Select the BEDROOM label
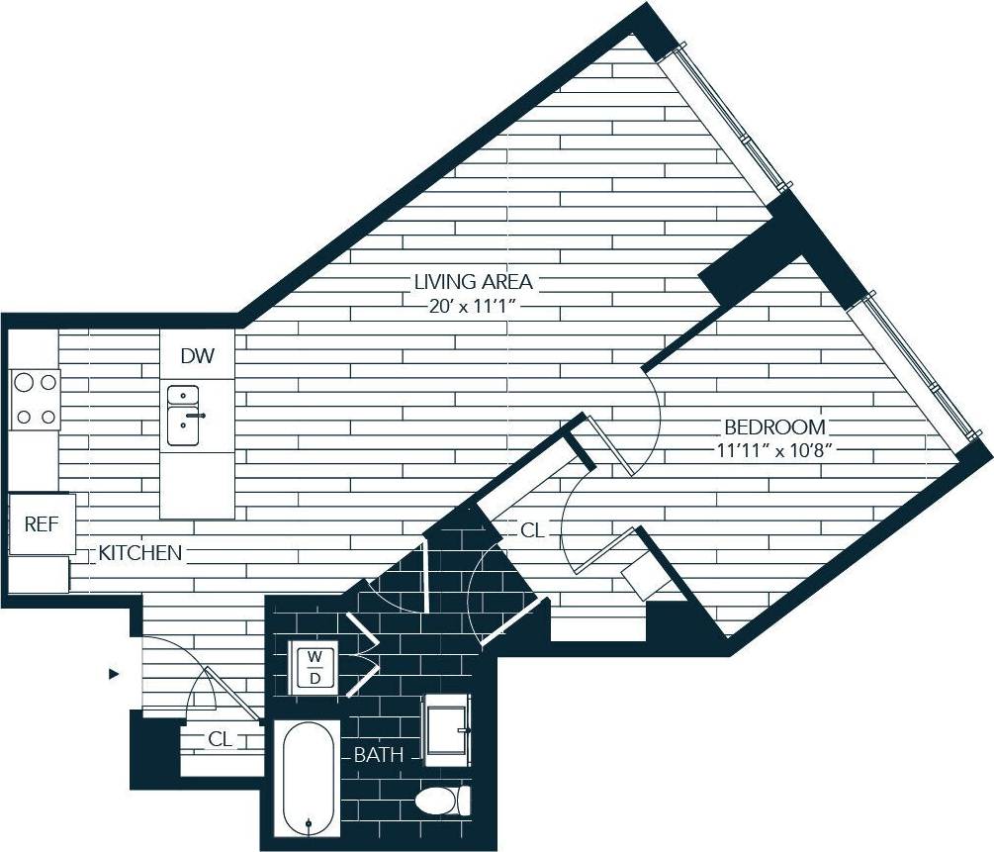tap(774, 427)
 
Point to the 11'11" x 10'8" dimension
tap(774, 451)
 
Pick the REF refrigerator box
tap(42, 523)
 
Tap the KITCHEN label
tap(139, 553)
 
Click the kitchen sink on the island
tap(186, 415)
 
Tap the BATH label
tap(379, 755)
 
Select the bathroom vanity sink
tap(447, 730)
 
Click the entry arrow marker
tap(114, 674)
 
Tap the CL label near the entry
tap(220, 738)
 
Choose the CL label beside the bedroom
tap(531, 530)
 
